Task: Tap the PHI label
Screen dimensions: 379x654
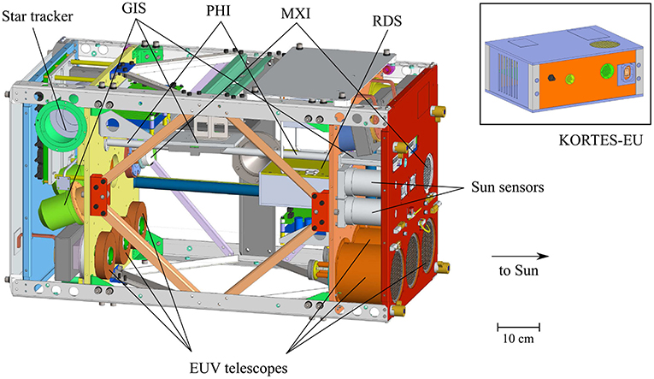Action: pyautogui.click(x=220, y=15)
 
